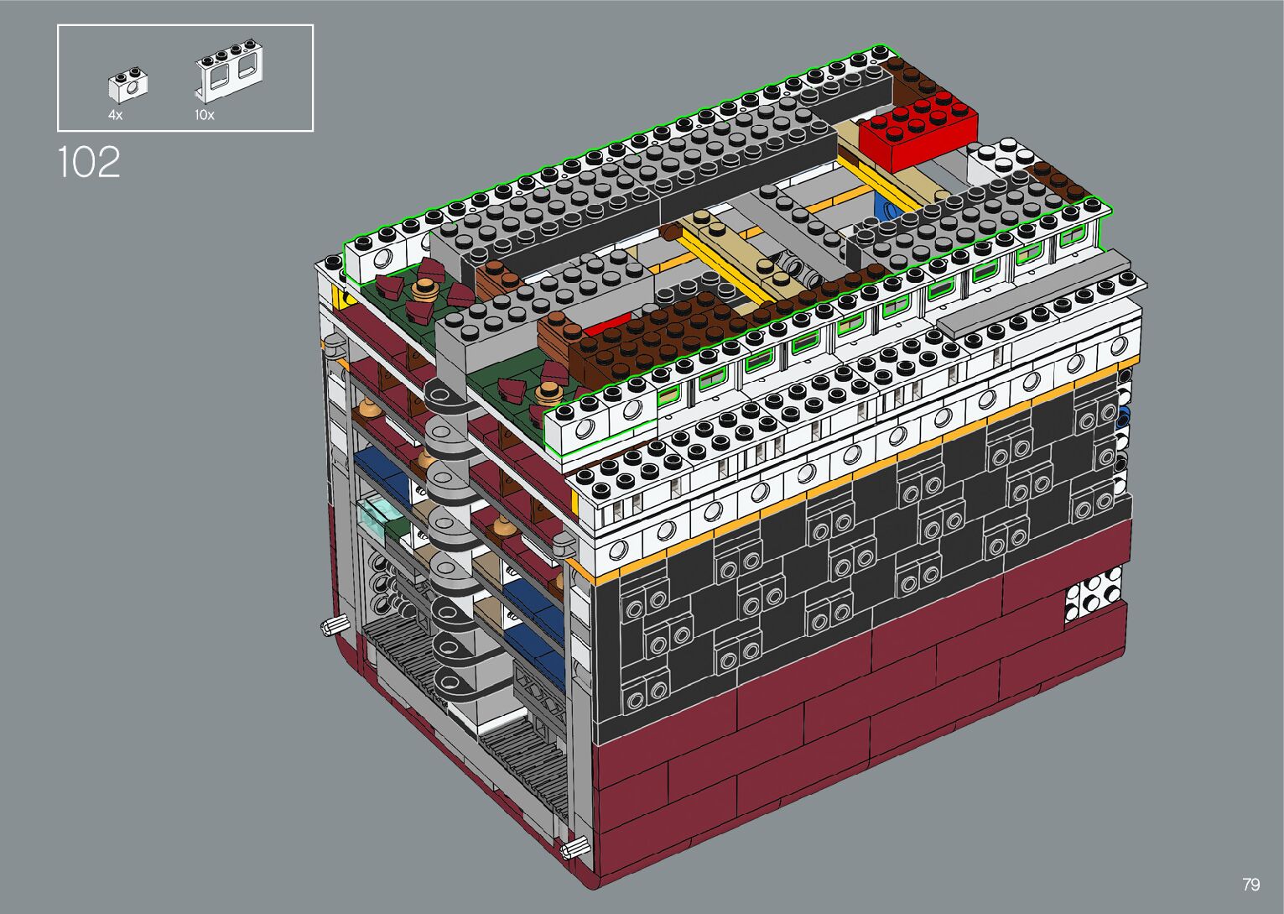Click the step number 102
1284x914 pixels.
pos(89,162)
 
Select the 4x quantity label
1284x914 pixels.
pos(115,115)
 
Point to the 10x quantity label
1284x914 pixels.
pos(204,115)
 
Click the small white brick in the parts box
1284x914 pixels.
pos(127,84)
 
